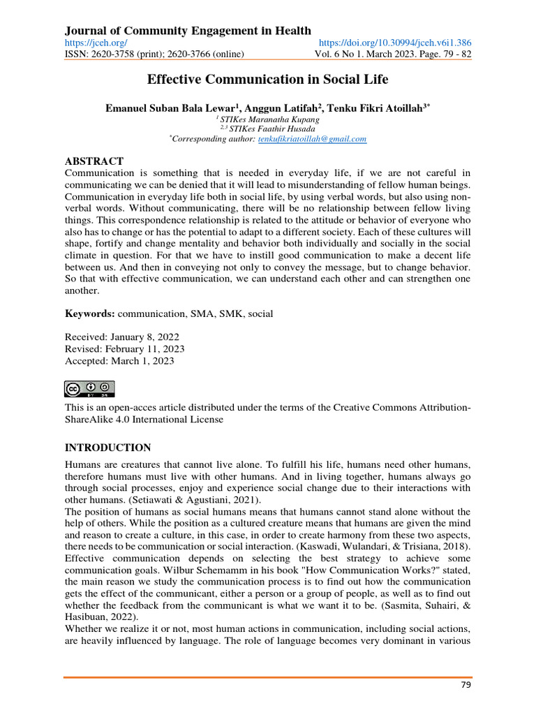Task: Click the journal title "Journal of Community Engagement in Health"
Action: [x=188, y=30]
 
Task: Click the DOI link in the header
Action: [x=394, y=43]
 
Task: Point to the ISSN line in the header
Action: [x=154, y=54]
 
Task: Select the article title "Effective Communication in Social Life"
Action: [x=267, y=80]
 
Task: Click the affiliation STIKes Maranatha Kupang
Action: [x=269, y=119]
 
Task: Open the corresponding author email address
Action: [x=312, y=139]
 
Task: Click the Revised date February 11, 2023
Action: [x=124, y=348]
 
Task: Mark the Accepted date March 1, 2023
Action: [x=119, y=361]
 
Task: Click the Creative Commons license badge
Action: [x=89, y=389]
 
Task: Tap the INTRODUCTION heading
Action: [x=107, y=448]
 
